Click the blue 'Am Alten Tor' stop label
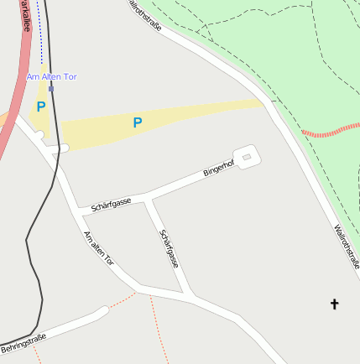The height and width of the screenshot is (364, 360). (52, 77)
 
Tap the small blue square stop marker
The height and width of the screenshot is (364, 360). (51, 88)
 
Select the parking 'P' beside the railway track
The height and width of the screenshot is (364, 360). (40, 107)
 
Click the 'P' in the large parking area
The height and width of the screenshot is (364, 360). (138, 123)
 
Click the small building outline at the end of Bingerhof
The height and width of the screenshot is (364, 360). (246, 155)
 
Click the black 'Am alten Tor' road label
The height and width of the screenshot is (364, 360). (98, 249)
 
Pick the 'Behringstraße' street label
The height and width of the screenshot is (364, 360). (23, 342)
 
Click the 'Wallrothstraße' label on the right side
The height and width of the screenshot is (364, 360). (346, 246)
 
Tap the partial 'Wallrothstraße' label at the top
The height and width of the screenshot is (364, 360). (143, 14)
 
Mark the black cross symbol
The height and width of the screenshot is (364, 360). (334, 304)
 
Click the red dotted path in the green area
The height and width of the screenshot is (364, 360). (331, 131)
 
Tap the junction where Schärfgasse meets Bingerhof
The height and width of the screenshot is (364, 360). (148, 200)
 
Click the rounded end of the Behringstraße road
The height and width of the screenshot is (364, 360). (103, 311)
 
